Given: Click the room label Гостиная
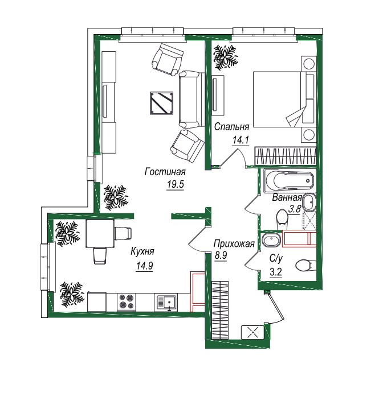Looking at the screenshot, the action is click(x=165, y=172).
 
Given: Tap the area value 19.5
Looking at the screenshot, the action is click(x=176, y=184).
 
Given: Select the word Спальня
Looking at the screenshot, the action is click(x=232, y=126).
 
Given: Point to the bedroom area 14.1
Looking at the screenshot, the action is click(x=241, y=140).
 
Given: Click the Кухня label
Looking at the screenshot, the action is click(x=142, y=251).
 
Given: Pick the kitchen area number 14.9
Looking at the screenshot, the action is click(x=144, y=265).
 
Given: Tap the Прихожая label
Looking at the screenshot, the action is click(x=234, y=243).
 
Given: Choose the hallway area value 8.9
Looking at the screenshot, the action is click(x=221, y=255).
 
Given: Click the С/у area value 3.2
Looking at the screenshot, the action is click(x=276, y=272).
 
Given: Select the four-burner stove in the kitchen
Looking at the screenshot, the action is click(x=127, y=302).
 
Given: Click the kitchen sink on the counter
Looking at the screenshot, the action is click(x=166, y=303).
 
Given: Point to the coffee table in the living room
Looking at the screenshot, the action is click(x=162, y=103).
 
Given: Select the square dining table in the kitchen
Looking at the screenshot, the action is click(x=100, y=233).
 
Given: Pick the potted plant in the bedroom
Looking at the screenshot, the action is click(x=225, y=57).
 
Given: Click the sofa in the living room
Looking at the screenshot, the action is click(x=192, y=99).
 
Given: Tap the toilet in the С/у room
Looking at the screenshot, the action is click(x=305, y=265).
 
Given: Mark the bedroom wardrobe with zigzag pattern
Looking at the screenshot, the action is click(x=286, y=156).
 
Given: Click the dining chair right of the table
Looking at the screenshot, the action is click(x=123, y=233).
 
